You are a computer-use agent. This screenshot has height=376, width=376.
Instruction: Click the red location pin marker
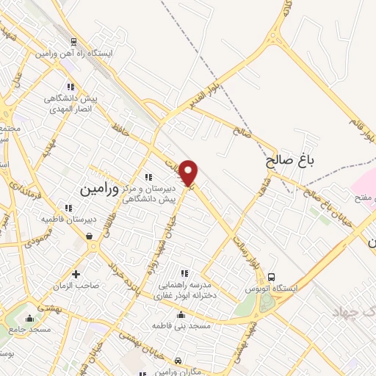tap(189, 172)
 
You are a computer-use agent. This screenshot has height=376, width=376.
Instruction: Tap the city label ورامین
tap(98, 189)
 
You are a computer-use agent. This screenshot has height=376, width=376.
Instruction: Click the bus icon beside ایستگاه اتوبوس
tap(272, 277)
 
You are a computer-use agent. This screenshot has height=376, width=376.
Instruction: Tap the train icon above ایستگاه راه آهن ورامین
tap(73, 42)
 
